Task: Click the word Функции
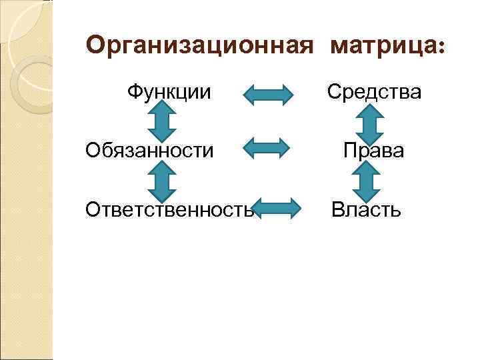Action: point(169,91)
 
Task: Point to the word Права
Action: point(373,151)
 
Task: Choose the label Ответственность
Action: point(170,211)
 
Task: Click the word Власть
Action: point(367,211)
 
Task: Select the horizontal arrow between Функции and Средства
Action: point(267,95)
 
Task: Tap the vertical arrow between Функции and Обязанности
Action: point(161,121)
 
